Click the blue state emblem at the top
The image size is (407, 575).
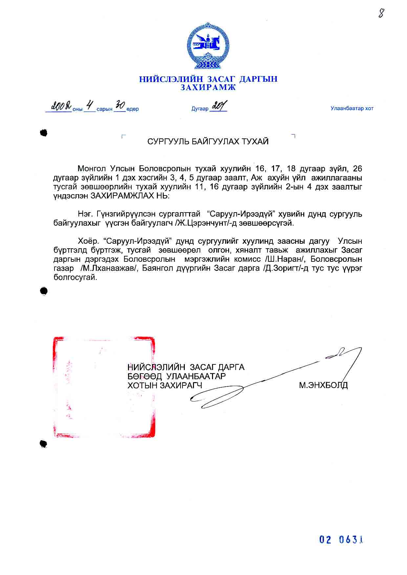(x=208, y=46)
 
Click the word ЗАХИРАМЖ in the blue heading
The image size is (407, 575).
(x=208, y=88)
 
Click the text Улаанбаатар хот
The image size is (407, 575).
(x=352, y=109)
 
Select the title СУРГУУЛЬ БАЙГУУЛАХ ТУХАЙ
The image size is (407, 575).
(x=208, y=141)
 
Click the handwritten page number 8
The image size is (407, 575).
(x=381, y=13)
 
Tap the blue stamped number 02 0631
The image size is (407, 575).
(x=341, y=540)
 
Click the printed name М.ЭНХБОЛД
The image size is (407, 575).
(x=323, y=385)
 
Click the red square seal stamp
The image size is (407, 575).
(x=104, y=387)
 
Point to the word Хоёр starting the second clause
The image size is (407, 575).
(x=88, y=241)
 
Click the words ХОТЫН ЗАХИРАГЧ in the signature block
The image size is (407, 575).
(x=165, y=385)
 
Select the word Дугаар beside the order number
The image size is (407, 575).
(x=200, y=109)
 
